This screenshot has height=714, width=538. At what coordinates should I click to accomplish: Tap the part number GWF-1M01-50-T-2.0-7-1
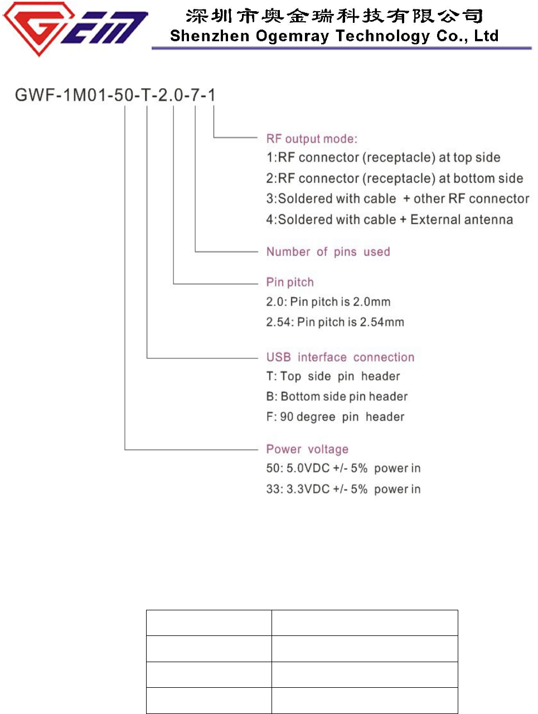115,95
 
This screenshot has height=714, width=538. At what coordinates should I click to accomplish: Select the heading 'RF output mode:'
312,139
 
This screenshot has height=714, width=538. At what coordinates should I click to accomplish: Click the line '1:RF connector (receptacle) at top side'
383,158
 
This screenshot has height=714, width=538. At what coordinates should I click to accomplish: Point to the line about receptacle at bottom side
394,178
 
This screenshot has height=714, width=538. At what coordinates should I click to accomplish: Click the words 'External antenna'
461,220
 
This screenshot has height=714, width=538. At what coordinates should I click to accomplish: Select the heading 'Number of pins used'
328,252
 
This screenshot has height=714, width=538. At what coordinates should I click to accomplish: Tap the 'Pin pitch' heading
290,282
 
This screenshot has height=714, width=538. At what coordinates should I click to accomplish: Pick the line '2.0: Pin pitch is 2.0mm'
328,302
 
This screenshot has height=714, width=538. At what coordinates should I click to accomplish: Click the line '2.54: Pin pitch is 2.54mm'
335,322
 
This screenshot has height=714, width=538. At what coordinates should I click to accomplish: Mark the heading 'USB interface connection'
340,357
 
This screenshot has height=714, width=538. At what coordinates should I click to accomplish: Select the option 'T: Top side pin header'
333,377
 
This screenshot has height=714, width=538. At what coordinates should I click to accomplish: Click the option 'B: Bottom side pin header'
337,397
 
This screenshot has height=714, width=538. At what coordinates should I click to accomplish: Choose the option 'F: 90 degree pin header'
335,417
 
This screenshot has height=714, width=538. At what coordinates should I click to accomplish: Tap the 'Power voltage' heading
307,449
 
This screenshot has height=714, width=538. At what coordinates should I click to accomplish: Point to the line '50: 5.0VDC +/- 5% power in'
343,469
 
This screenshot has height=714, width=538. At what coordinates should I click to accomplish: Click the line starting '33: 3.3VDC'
343,489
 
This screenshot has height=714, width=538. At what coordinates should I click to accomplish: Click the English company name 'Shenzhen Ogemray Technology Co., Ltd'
334,36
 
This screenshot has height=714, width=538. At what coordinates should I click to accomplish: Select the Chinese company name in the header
334,16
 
